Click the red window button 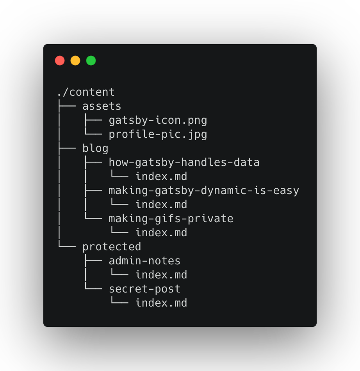[x=60, y=61]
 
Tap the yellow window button [x=75, y=61]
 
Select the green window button [x=91, y=61]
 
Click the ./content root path [x=86, y=92]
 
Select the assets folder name [x=102, y=106]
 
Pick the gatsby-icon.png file [x=158, y=120]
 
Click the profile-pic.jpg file [x=158, y=134]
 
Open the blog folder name [x=95, y=148]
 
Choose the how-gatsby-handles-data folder [x=184, y=162]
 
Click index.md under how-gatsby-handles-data [x=161, y=177]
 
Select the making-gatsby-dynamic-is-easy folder [x=204, y=191]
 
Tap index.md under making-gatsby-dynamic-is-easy [x=161, y=205]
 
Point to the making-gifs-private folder [x=171, y=219]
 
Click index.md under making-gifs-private [x=161, y=233]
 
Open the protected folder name [x=112, y=247]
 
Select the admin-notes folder [x=144, y=261]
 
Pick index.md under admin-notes [x=161, y=275]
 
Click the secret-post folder [x=144, y=289]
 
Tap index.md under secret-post [x=161, y=303]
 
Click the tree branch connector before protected [x=66, y=246]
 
